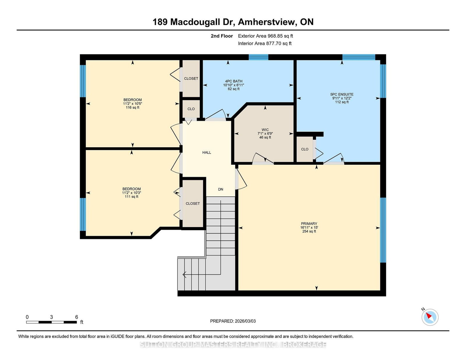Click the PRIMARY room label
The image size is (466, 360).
(309, 224)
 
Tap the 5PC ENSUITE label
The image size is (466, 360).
(342, 94)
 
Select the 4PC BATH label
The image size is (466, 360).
(234, 81)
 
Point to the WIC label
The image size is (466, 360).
(265, 130)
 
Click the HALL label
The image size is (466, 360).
(207, 152)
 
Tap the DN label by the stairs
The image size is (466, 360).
(221, 189)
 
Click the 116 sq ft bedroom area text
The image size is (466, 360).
(133, 107)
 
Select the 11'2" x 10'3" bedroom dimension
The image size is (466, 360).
(131, 193)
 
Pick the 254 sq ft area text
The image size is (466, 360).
(309, 231)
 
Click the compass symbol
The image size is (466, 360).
(430, 317)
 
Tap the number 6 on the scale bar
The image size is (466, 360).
(77, 317)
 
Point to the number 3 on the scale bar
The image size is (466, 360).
(52, 317)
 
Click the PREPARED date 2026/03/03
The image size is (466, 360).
(245, 321)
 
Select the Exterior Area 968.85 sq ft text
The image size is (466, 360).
(266, 36)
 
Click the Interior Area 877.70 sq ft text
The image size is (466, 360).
(265, 43)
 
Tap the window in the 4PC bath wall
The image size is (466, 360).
(258, 57)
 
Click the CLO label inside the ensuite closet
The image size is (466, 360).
(305, 149)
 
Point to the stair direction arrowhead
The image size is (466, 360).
(184, 274)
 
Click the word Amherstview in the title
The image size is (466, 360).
(267, 22)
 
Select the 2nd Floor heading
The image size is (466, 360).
(222, 36)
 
